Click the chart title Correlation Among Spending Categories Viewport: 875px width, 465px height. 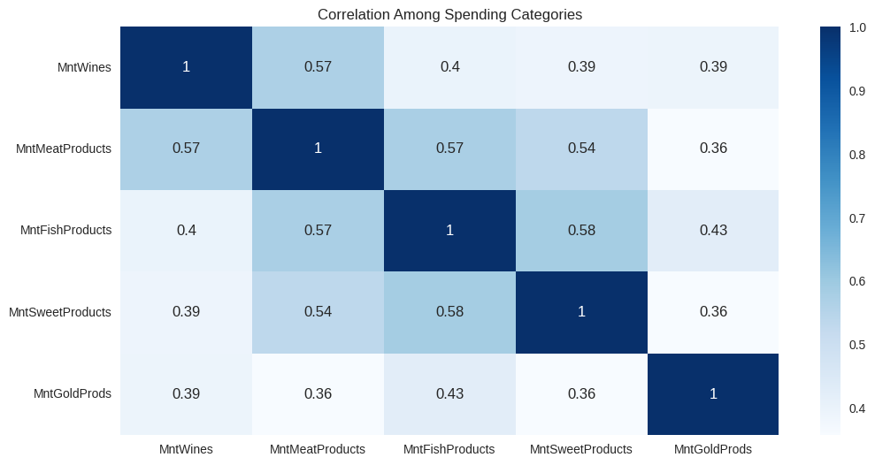(449, 14)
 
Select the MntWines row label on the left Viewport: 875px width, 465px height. (84, 67)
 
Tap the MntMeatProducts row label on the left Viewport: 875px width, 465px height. (64, 149)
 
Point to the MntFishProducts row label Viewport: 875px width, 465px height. (65, 230)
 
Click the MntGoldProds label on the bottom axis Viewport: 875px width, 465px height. (713, 449)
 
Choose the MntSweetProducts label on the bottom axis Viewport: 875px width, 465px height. (581, 449)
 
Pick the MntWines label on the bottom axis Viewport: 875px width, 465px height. (186, 449)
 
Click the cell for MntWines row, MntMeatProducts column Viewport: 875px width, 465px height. (318, 67)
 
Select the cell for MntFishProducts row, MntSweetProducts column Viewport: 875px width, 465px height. (581, 231)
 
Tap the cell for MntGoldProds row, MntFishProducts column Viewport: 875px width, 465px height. (449, 394)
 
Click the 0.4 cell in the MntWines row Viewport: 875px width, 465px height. (449, 67)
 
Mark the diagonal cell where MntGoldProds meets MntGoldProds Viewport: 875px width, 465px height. (713, 394)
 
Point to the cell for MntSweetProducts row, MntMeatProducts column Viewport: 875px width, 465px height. (318, 312)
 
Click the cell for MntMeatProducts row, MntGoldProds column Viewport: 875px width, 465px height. (713, 149)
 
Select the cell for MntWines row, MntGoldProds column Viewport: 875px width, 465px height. (713, 67)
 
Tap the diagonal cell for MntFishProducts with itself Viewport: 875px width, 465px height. (449, 231)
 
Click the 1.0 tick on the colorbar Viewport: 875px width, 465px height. (856, 28)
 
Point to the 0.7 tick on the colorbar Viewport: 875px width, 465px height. (856, 218)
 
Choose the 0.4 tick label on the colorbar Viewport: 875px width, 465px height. (856, 408)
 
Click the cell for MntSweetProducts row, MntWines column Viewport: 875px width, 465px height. (186, 312)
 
